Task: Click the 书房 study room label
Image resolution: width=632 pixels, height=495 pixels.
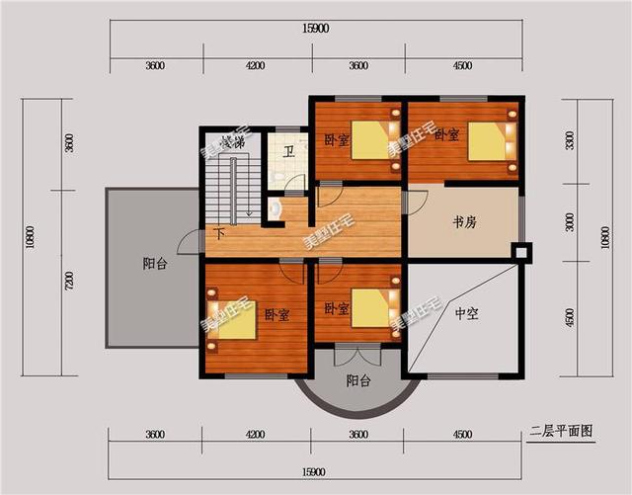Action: (464, 223)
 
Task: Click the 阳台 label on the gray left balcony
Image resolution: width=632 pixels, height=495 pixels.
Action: (154, 264)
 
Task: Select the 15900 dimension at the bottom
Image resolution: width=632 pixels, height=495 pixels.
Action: (316, 472)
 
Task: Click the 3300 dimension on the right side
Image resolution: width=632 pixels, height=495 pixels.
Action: (570, 140)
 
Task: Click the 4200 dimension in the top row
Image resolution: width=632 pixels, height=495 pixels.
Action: (255, 66)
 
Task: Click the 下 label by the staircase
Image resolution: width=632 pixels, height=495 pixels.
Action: (218, 233)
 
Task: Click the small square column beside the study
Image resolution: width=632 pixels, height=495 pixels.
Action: (522, 251)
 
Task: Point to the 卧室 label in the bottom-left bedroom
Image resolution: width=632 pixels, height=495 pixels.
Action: (276, 314)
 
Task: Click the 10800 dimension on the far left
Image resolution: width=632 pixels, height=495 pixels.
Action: (30, 237)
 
